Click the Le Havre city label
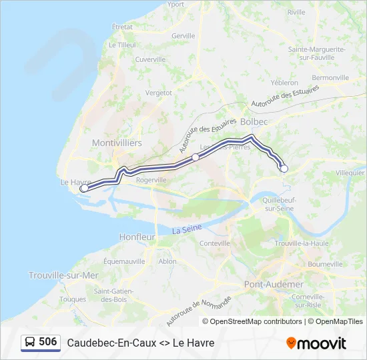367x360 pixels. tap(75, 181)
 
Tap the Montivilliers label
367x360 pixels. tap(117, 143)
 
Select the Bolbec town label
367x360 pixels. tap(254, 122)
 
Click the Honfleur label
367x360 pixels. tap(137, 237)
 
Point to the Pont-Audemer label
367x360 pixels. tap(264, 284)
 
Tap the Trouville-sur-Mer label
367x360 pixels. tap(63, 275)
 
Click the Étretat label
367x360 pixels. tap(123, 27)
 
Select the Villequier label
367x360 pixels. tap(350, 172)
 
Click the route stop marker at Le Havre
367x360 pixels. tap(84, 189)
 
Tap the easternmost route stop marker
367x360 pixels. tap(284, 169)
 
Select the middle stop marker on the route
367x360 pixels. tap(196, 157)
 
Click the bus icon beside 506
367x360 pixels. tap(30, 343)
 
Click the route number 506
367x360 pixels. tap(48, 342)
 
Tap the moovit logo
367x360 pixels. tap(316, 343)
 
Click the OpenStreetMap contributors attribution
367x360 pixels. tap(252, 321)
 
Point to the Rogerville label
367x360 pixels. tap(151, 180)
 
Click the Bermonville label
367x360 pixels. tap(330, 77)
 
